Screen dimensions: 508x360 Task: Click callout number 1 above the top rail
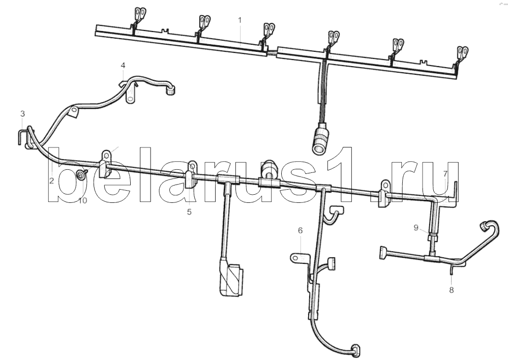(x=240, y=20)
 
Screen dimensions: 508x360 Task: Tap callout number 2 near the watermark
(x=51, y=181)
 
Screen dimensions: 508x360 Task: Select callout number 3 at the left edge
(x=22, y=113)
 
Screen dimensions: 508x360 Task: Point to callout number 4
(x=123, y=66)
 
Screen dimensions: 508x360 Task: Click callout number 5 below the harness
(x=189, y=212)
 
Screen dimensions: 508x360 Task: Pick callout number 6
(x=301, y=230)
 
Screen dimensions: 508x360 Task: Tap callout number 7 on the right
(x=445, y=174)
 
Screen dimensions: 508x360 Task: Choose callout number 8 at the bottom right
(x=452, y=290)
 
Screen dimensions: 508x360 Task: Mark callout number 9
(x=416, y=228)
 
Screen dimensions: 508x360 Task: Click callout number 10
(x=83, y=200)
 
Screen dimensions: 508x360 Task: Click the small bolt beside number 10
(x=81, y=174)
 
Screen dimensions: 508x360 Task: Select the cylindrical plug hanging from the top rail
(x=320, y=138)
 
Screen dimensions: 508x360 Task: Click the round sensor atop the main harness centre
(x=269, y=168)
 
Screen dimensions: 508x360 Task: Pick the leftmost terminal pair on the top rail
(x=140, y=15)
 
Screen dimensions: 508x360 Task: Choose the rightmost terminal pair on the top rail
(x=463, y=53)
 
